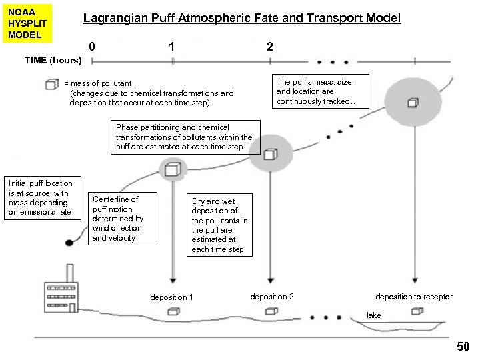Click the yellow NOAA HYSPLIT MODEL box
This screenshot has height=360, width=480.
pos(27,23)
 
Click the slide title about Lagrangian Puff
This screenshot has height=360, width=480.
pos(241,19)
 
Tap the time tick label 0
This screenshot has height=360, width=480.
pos(92,47)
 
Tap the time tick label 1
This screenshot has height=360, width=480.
pos(172,47)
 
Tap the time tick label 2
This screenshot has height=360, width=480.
pos(269,47)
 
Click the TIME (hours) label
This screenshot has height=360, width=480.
pos(53,60)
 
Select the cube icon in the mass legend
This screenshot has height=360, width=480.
pos(51,84)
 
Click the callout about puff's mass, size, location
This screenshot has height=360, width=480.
pos(318,92)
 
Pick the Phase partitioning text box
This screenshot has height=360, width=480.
pos(184,137)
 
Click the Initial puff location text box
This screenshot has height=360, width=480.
pos(41,197)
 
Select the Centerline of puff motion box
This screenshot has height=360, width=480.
pos(123,219)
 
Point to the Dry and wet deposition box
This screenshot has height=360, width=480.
pos(219,225)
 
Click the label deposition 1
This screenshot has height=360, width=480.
pos(172,297)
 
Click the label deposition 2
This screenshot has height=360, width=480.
pos(271,297)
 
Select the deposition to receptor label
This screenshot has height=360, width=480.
pos(413,297)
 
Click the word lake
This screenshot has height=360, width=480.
pos(374,315)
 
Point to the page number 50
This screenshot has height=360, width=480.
pos(463,347)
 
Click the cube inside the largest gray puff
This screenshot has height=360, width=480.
pos(413,102)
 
